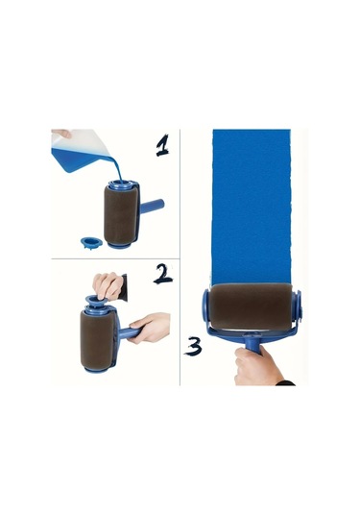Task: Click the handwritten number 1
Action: pyautogui.click(x=162, y=145)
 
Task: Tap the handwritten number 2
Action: pyautogui.click(x=162, y=274)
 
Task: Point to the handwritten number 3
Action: pyautogui.click(x=193, y=346)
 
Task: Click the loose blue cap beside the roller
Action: pyautogui.click(x=91, y=242)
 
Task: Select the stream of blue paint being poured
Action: pyautogui.click(x=116, y=167)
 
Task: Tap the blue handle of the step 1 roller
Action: pyautogui.click(x=152, y=207)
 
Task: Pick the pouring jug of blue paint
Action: pyautogui.click(x=81, y=151)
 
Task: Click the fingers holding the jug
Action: pyautogui.click(x=61, y=133)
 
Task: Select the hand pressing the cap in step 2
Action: pyautogui.click(x=108, y=286)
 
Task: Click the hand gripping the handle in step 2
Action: pyautogui.click(x=150, y=328)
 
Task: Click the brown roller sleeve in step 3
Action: pyautogui.click(x=251, y=306)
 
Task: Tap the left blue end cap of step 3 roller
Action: pyautogui.click(x=206, y=306)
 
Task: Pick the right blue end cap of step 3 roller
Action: pyautogui.click(x=298, y=306)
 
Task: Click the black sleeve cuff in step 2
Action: pyautogui.click(x=123, y=287)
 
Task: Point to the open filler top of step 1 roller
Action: pyautogui.click(x=121, y=184)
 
